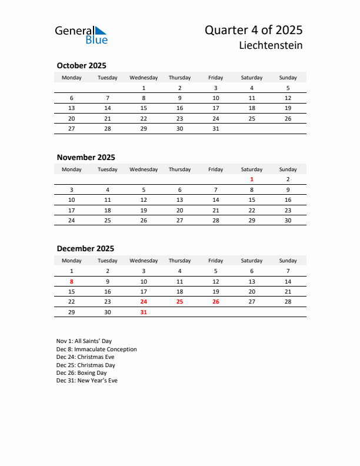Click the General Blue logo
pyautogui.click(x=81, y=35)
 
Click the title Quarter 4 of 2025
pyautogui.click(x=254, y=30)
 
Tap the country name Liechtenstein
pyautogui.click(x=271, y=45)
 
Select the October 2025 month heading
pyautogui.click(x=81, y=66)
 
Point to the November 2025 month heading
pyautogui.click(x=86, y=157)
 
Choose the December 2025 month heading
pyautogui.click(x=85, y=249)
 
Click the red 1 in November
pyautogui.click(x=252, y=179)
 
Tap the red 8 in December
pyautogui.click(x=72, y=281)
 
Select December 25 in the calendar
pyautogui.click(x=179, y=302)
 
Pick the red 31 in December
pyautogui.click(x=144, y=312)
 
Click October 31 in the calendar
pyautogui.click(x=216, y=129)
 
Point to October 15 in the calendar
pyautogui.click(x=144, y=108)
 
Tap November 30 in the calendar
pyautogui.click(x=288, y=221)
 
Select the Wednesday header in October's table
pyautogui.click(x=144, y=78)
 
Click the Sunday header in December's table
pyautogui.click(x=288, y=261)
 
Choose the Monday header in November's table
pyautogui.click(x=72, y=169)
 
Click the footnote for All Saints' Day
pyautogui.click(x=84, y=341)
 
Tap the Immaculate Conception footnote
pyautogui.click(x=96, y=349)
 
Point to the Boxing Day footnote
pyautogui.click(x=82, y=373)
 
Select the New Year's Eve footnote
pyautogui.click(x=87, y=381)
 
